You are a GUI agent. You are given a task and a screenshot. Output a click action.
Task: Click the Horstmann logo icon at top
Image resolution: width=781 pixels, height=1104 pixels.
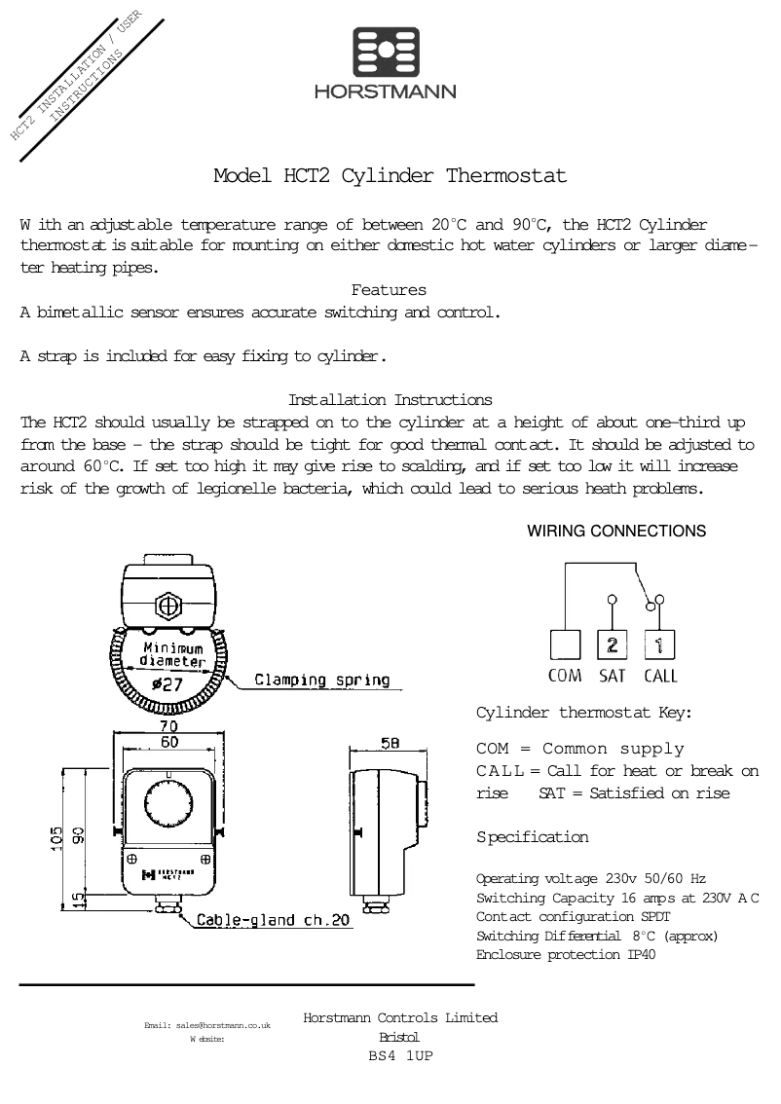click(x=385, y=52)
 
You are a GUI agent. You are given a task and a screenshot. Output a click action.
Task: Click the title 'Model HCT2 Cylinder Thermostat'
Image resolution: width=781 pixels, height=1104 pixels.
click(x=390, y=176)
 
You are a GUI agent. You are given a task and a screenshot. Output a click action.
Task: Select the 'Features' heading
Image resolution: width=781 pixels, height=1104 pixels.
click(x=389, y=290)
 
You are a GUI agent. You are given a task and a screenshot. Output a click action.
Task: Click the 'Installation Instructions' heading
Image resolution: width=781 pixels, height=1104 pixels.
click(x=390, y=400)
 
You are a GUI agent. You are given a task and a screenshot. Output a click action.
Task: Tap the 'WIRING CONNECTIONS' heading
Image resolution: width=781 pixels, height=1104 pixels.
click(x=616, y=532)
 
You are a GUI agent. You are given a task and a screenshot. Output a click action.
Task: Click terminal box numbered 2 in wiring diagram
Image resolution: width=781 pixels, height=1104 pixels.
click(x=612, y=644)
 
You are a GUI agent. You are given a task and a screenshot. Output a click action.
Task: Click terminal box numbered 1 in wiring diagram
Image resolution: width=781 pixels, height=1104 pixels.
click(x=659, y=644)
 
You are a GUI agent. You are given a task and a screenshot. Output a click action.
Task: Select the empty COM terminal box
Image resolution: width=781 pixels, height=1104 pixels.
click(x=565, y=644)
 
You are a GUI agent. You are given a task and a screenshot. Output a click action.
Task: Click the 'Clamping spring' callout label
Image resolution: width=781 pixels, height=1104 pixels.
click(x=321, y=681)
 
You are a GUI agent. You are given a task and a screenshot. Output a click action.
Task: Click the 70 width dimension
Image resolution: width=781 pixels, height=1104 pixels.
click(x=169, y=726)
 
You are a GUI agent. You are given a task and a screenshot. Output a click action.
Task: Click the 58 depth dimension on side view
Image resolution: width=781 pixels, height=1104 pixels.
click(x=390, y=744)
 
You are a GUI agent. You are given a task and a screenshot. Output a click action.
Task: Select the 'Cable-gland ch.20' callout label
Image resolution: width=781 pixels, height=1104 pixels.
click(x=273, y=919)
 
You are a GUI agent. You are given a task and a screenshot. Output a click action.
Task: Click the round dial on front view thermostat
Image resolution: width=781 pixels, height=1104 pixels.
click(x=169, y=803)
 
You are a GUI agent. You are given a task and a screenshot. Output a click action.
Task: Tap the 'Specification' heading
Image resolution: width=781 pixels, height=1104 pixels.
click(x=532, y=837)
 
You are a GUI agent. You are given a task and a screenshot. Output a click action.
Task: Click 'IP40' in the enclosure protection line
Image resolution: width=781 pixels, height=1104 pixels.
click(x=641, y=955)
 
